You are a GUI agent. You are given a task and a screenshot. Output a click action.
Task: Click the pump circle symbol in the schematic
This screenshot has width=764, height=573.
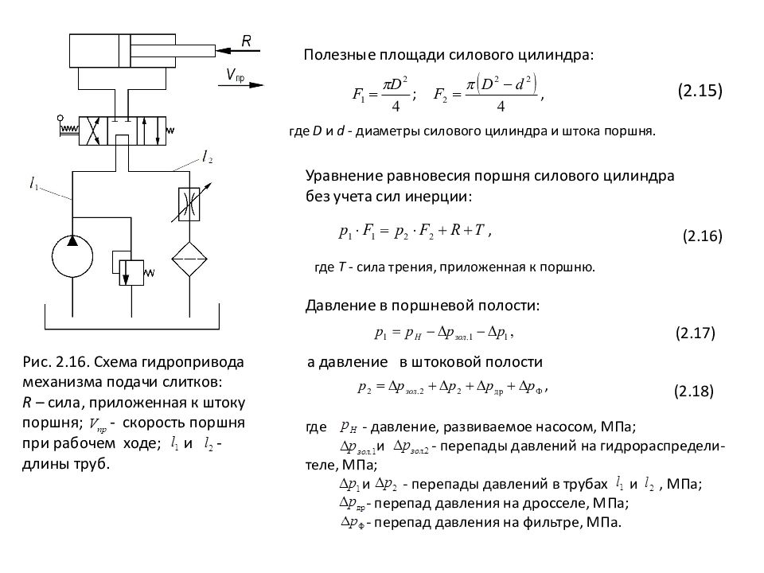[x=73, y=255]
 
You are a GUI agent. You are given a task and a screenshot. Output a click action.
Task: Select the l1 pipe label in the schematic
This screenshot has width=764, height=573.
[x=34, y=185]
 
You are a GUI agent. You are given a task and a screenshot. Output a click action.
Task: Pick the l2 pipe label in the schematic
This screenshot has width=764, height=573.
[x=208, y=158]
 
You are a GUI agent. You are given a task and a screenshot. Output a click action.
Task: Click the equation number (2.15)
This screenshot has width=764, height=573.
[x=700, y=91]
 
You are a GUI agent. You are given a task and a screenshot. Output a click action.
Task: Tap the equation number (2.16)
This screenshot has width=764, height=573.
[x=702, y=236]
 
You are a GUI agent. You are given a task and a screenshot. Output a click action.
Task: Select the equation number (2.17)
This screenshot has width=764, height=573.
[x=695, y=333]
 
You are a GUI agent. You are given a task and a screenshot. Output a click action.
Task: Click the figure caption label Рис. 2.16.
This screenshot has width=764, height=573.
[x=53, y=362]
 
